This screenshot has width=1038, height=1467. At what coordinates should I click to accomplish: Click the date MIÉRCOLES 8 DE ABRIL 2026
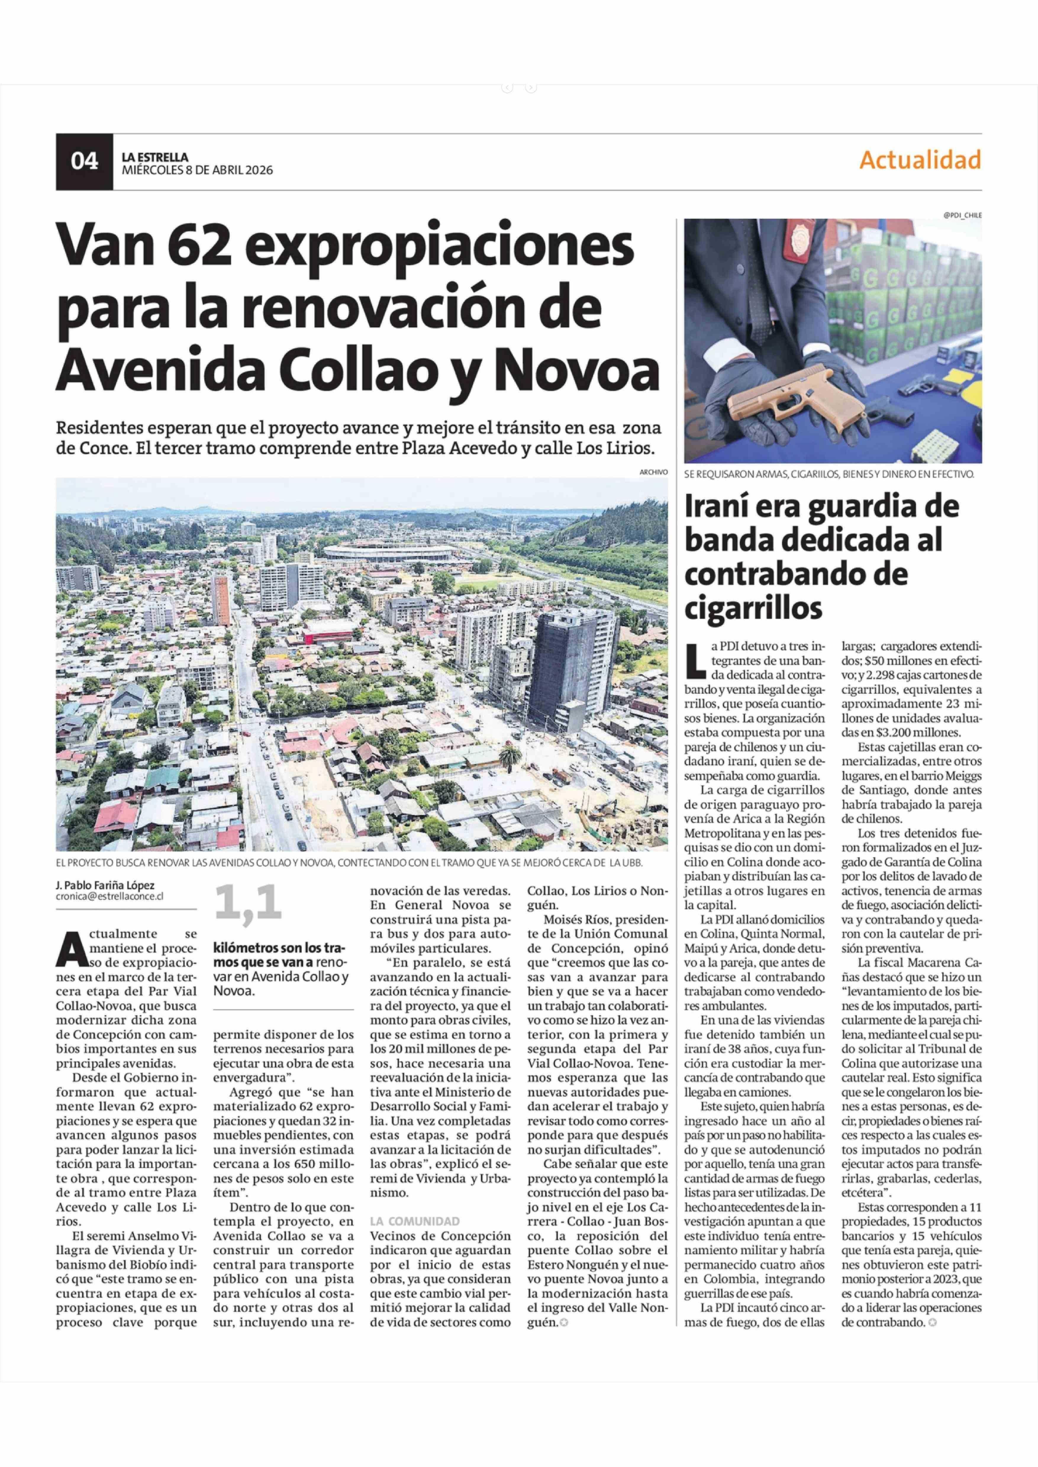click(x=197, y=170)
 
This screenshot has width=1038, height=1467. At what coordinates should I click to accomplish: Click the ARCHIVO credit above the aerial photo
click(x=653, y=472)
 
